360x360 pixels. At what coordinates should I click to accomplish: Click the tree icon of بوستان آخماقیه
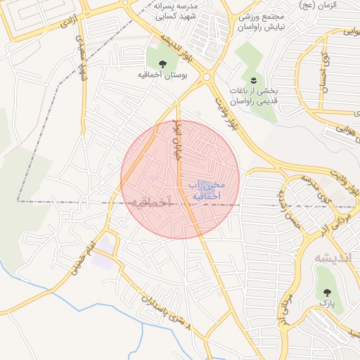click(x=162, y=63)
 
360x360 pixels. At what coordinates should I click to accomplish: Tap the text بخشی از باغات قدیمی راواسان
click(x=255, y=96)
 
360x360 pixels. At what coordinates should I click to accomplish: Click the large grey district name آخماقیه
click(x=150, y=202)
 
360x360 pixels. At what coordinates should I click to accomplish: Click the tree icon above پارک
click(x=326, y=290)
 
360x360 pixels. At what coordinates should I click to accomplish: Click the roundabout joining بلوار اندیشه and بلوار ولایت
click(x=207, y=77)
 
